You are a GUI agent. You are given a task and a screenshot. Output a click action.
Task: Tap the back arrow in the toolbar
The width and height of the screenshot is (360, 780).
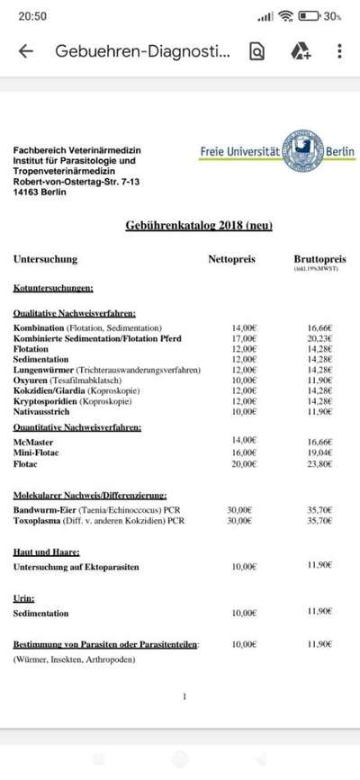(x=25, y=51)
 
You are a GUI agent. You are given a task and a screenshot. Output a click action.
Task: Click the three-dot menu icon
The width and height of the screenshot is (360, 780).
(x=339, y=51)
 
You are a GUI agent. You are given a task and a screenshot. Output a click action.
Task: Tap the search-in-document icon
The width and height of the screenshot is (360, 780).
(x=257, y=51)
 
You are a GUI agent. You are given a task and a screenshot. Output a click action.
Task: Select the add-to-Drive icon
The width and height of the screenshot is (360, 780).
(x=301, y=51)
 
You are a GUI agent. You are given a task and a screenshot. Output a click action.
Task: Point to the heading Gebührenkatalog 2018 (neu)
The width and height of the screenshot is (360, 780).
(x=198, y=225)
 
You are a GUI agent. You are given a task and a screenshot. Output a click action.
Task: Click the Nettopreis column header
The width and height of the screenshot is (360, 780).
(x=232, y=259)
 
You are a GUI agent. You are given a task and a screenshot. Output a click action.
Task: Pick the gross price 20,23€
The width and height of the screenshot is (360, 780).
(x=319, y=339)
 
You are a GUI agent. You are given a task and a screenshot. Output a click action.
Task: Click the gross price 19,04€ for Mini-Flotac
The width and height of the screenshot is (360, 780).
(x=319, y=453)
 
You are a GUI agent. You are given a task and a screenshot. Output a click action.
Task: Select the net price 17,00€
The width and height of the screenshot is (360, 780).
(x=244, y=339)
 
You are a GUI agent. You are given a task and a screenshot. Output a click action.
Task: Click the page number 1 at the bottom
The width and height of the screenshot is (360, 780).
(x=184, y=696)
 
